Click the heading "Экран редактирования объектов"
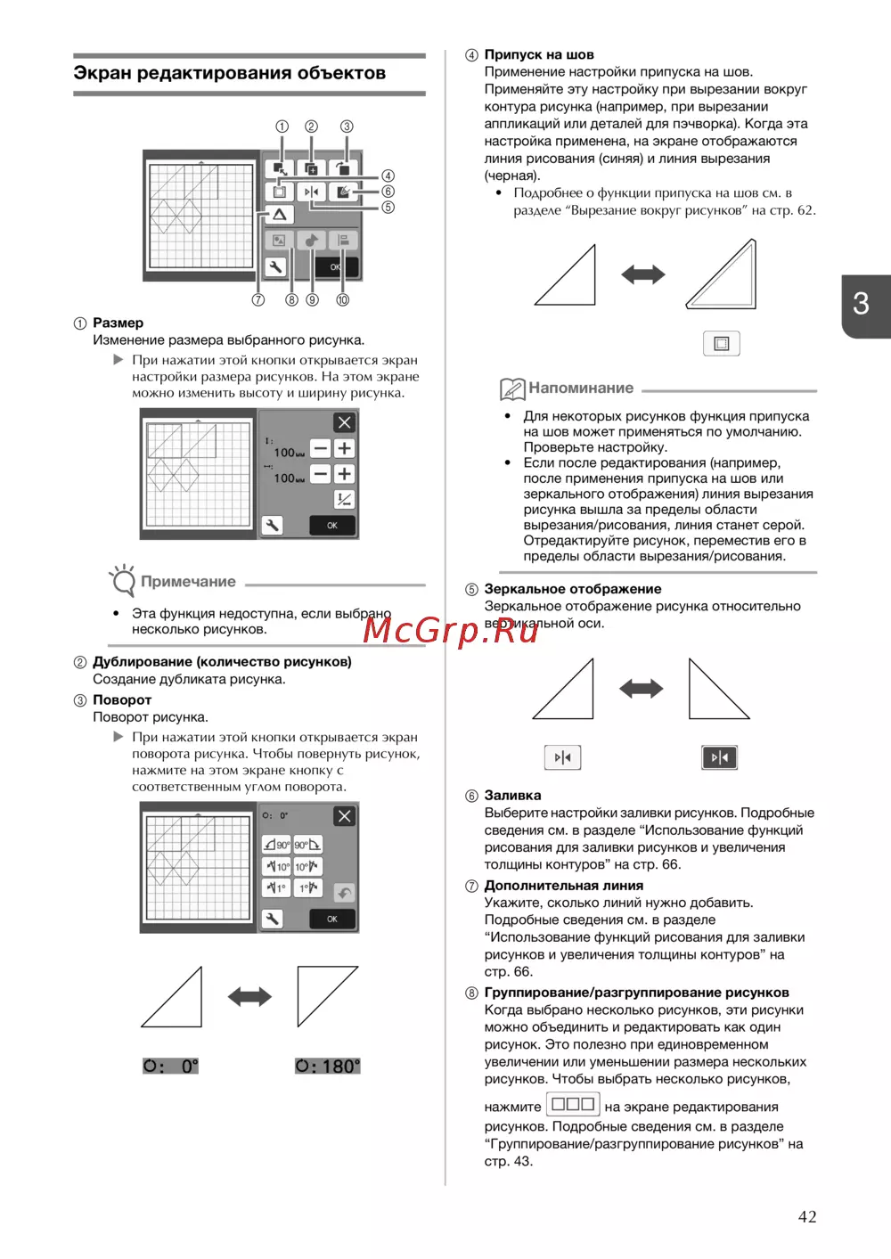click(230, 73)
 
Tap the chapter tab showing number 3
click(862, 305)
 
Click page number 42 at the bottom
click(807, 1217)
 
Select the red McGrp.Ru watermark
click(451, 630)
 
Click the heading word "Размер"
click(118, 323)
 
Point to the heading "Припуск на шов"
click(539, 54)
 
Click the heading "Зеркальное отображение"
click(573, 589)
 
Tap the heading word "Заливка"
click(512, 796)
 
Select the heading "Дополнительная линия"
click(564, 886)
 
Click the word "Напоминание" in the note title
click(581, 388)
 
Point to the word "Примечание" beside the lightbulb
click(188, 582)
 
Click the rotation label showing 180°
click(328, 1067)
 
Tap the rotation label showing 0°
click(171, 1067)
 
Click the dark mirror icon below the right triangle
click(719, 757)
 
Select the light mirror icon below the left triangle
click(562, 757)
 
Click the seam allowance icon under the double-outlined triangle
click(722, 344)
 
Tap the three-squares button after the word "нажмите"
click(573, 1105)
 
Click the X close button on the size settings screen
click(344, 423)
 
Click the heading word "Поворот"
click(122, 700)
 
